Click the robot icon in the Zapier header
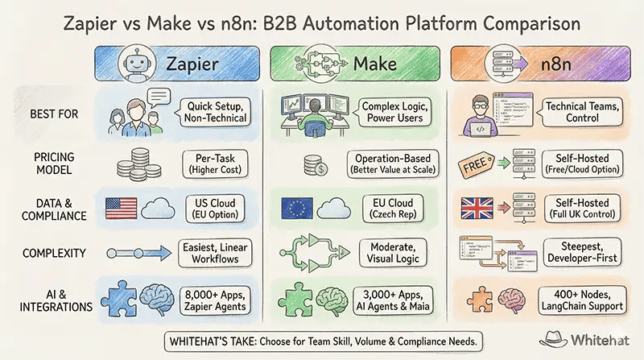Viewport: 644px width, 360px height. pos(136,64)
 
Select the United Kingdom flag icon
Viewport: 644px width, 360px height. pos(477,209)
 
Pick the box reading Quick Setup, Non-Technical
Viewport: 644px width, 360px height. pos(215,113)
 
